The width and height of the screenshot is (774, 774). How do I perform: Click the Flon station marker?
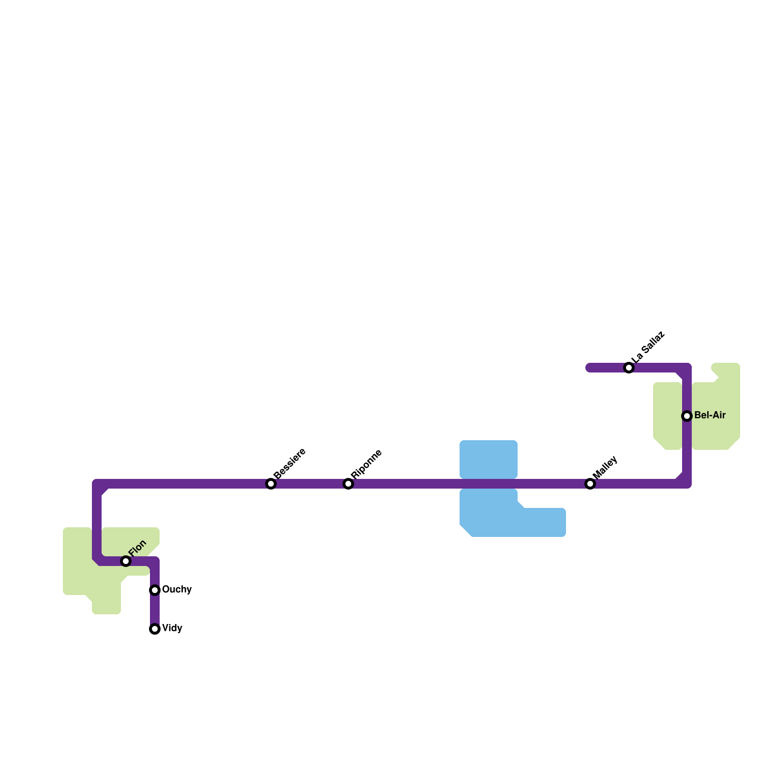tap(126, 561)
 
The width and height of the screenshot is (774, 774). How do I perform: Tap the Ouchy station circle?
tap(155, 590)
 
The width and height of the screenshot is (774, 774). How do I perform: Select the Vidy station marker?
tap(155, 629)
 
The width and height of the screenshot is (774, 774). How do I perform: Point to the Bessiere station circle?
tap(271, 484)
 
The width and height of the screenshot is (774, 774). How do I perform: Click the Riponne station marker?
tap(348, 484)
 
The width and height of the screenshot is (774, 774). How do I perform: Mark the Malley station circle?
tap(590, 484)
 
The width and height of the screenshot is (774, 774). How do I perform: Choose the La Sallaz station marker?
tap(629, 368)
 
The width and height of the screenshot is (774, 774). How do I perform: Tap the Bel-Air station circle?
tap(687, 416)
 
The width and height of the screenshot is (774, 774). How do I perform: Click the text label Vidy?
tap(172, 628)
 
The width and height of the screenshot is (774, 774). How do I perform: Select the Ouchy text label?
tap(177, 590)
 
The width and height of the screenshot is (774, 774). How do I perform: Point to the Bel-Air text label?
tap(710, 416)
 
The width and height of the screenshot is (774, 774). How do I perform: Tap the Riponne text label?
tap(367, 464)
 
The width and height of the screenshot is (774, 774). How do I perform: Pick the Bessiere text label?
tap(290, 463)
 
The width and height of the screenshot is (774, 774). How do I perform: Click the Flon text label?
tap(138, 548)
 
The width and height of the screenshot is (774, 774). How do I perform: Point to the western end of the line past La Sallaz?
tap(589, 368)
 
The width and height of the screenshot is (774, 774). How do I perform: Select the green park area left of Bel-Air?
tap(668, 416)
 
